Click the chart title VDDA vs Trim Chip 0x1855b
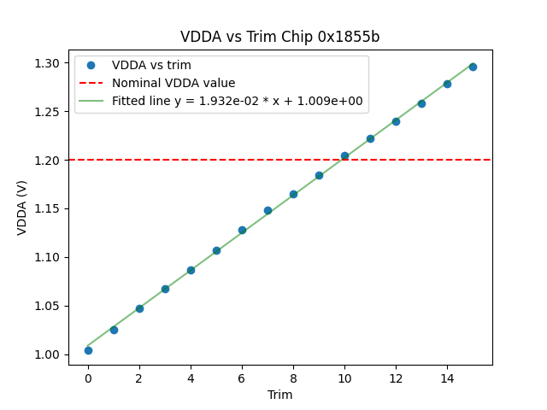pos(279,37)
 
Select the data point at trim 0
pos(88,350)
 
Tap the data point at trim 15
pos(473,67)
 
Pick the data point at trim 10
pos(344,156)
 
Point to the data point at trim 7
pos(268,210)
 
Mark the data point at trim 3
pos(165,289)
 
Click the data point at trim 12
pos(396,121)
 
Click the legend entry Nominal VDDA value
pos(174,83)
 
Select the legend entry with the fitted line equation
pos(237,101)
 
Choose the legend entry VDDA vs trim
pos(151,65)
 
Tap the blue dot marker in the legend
pos(91,65)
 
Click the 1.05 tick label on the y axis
pos(50,306)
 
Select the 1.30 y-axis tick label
pos(50,63)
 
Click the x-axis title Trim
pos(279,395)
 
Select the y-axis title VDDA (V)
pos(22,208)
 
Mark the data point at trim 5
pos(216,250)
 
